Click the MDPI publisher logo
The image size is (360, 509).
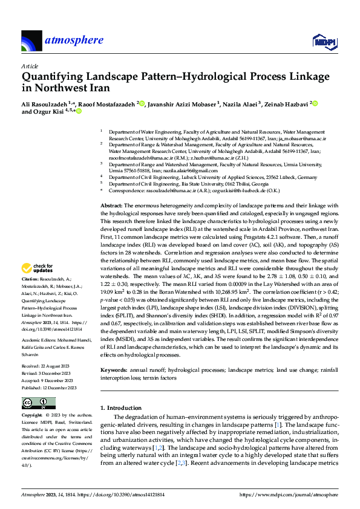coord(321,41)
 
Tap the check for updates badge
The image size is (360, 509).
coord(37,268)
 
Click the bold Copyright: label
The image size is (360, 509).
coord(33,416)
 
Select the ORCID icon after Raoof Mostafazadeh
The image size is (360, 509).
coord(142,103)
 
